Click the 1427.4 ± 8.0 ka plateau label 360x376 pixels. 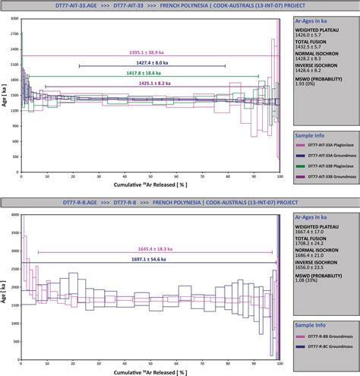[x=150, y=62]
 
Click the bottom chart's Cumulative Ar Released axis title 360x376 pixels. [x=150, y=372]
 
